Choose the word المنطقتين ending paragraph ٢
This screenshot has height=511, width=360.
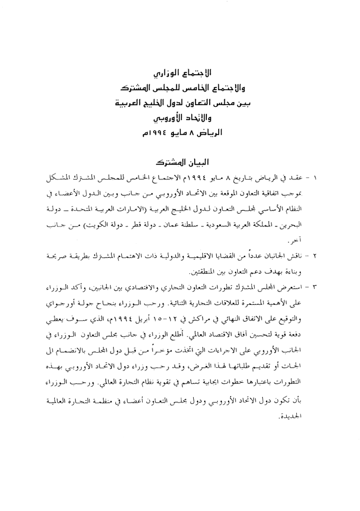click(201, 272)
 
